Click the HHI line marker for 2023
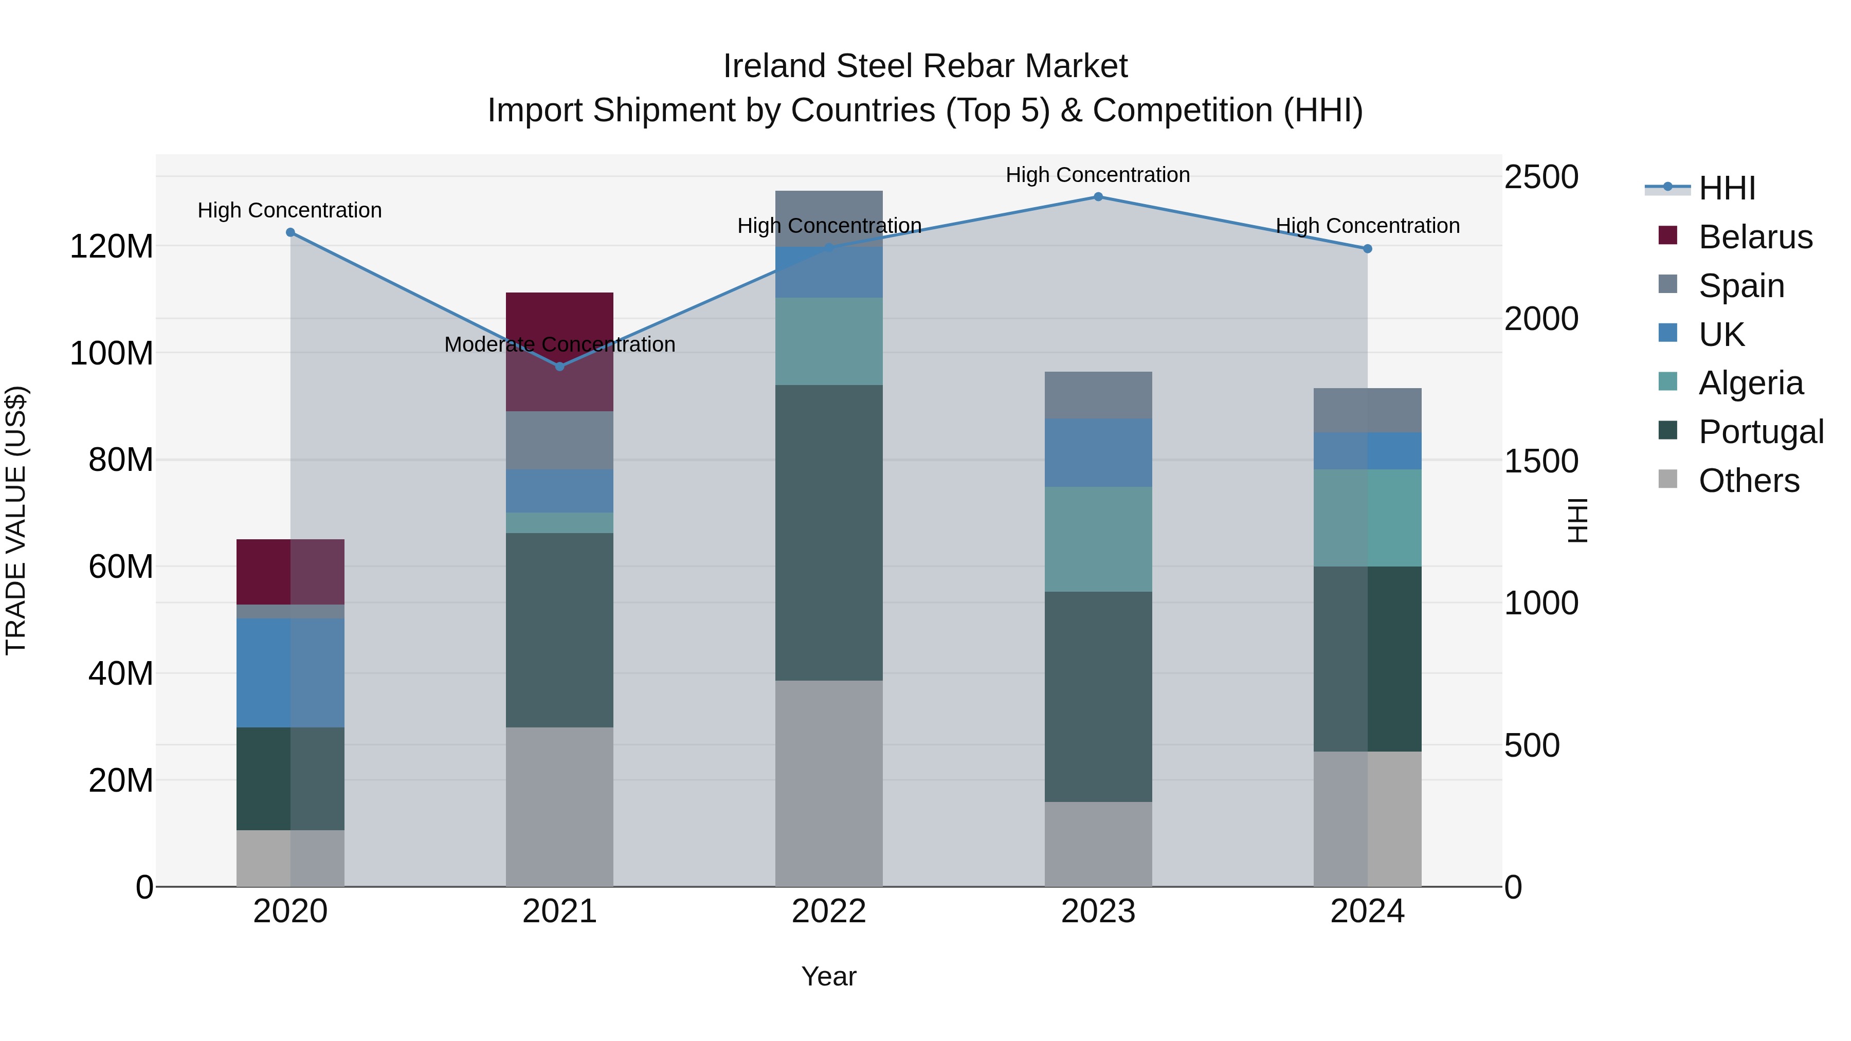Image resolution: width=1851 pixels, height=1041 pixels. [x=1097, y=197]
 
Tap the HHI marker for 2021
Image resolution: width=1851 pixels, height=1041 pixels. [x=560, y=367]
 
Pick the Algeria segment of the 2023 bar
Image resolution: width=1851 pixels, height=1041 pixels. [x=1097, y=539]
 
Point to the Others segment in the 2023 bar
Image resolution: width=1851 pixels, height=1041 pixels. [x=1097, y=844]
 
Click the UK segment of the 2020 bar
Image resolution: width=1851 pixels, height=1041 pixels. [x=291, y=672]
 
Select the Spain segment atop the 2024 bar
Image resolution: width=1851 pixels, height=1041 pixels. [x=1367, y=410]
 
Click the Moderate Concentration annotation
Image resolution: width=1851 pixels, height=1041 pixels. [x=560, y=344]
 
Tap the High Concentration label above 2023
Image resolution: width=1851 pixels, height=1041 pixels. [x=1097, y=175]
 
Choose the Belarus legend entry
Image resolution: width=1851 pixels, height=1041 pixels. [x=1755, y=237]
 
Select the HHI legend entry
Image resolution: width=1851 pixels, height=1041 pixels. [x=1727, y=188]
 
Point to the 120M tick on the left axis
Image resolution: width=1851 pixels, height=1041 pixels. [x=112, y=246]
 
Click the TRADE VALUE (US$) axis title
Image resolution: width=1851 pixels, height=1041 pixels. [x=16, y=520]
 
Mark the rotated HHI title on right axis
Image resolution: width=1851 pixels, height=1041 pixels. [x=1578, y=520]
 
